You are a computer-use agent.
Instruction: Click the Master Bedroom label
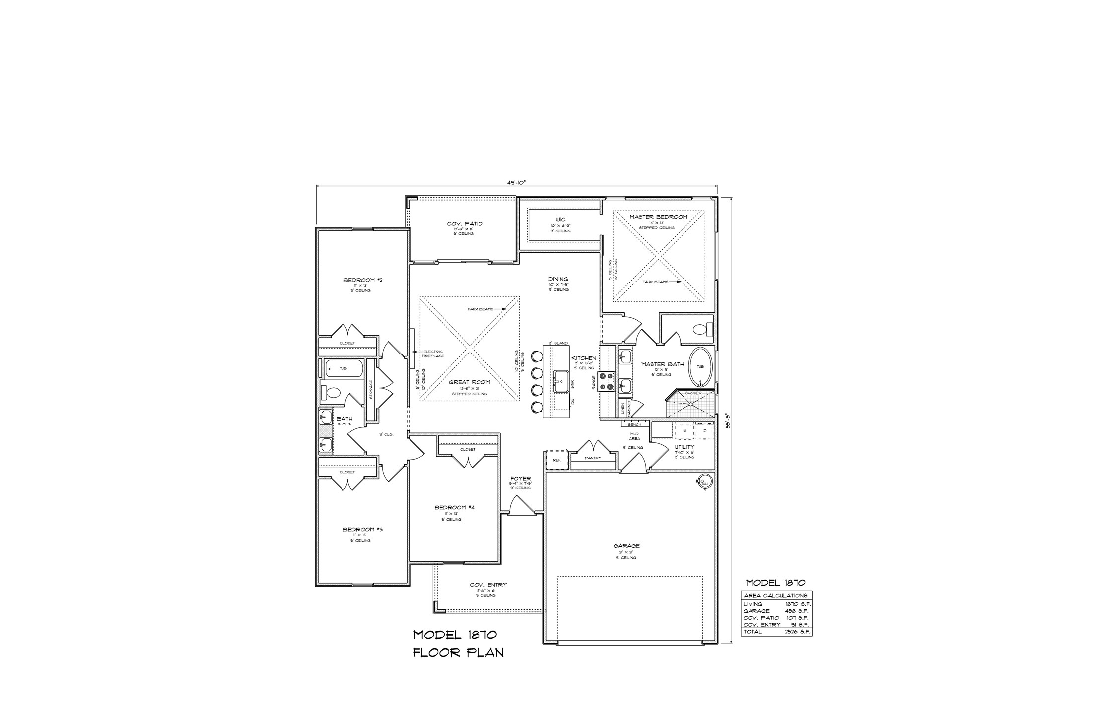point(658,217)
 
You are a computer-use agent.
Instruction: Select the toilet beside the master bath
point(702,329)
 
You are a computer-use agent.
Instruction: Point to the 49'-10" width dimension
point(516,182)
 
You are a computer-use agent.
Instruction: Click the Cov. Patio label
point(465,224)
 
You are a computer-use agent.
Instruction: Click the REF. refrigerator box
point(557,460)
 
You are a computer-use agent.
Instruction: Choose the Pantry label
point(593,458)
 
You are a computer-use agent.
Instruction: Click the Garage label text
point(626,546)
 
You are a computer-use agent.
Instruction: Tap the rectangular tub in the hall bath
point(344,368)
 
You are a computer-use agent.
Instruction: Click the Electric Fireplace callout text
point(433,354)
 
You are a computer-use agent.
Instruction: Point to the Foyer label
point(520,479)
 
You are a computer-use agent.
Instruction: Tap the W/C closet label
point(560,219)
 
